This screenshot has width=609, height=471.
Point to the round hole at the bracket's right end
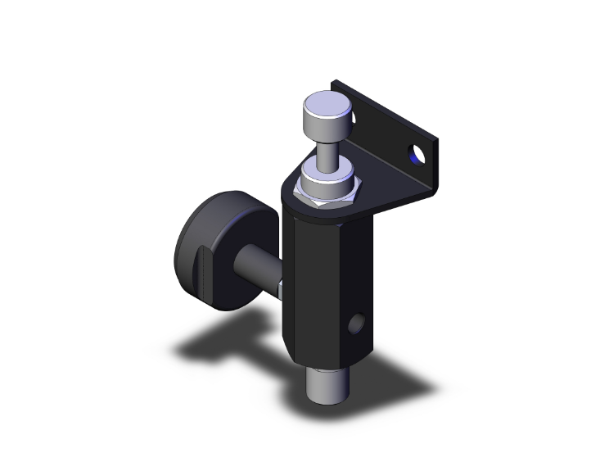click(x=417, y=153)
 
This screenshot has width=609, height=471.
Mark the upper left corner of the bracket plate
click(x=335, y=83)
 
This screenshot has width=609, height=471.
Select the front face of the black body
click(x=307, y=287)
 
